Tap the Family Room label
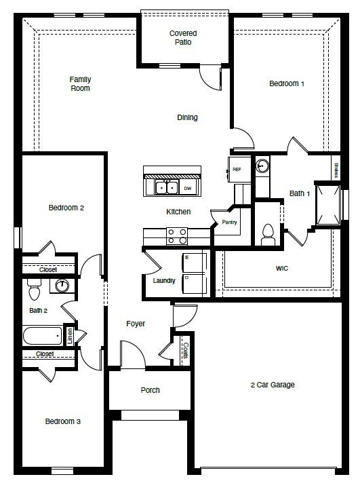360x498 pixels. tap(80, 83)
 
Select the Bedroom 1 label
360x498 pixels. tap(287, 83)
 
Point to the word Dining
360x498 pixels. tap(187, 117)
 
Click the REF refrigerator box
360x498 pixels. tap(237, 169)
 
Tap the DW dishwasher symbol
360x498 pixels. tap(188, 188)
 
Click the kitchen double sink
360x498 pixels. tap(166, 188)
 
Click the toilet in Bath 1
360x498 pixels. tap(267, 233)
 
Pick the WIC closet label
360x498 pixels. tap(282, 269)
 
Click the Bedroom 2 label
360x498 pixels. tap(66, 208)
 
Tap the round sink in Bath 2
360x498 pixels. tap(62, 286)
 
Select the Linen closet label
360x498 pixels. tap(69, 337)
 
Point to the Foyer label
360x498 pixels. tap(136, 324)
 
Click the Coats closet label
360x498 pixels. tap(185, 351)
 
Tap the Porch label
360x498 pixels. tap(150, 390)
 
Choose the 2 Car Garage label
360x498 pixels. tap(272, 385)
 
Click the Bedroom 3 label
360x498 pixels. tap(63, 421)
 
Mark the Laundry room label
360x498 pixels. tap(164, 280)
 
